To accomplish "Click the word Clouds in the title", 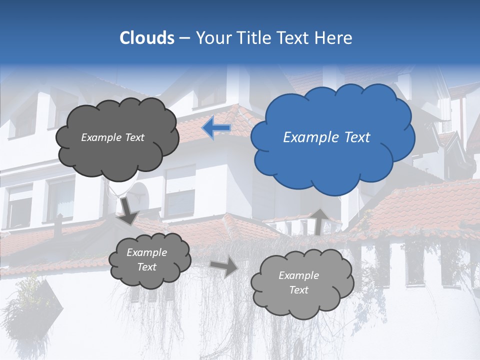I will tap(147, 38).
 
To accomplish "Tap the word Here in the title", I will tap(334, 38).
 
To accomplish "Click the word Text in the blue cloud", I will tap(356, 137).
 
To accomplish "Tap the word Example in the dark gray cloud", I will tap(101, 137).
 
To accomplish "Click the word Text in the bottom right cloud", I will tap(298, 290).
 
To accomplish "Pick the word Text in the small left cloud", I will tap(146, 267).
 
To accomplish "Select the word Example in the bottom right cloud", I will tap(298, 275).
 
